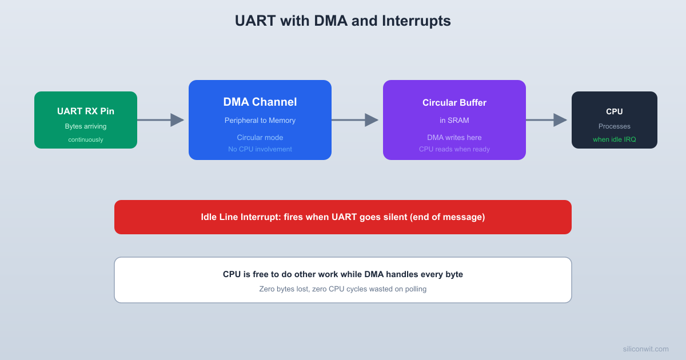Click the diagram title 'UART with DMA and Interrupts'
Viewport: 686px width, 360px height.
342,21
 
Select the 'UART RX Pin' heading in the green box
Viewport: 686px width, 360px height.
86,111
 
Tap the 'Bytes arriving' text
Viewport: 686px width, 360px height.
86,126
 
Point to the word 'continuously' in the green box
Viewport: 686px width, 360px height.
86,139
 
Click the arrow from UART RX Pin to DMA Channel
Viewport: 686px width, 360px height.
161,120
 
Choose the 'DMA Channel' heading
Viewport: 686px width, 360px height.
260,102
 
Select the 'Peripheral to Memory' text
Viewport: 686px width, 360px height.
260,121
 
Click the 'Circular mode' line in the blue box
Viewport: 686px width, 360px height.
260,137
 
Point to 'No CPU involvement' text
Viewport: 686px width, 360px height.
260,149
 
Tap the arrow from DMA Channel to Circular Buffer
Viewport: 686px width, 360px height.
355,120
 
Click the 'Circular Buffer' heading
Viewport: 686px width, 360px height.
454,103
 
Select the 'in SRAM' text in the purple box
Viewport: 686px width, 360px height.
454,121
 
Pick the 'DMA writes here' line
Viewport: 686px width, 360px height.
454,137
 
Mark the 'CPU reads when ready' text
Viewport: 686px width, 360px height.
454,149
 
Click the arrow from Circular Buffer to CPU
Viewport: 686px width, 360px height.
547,120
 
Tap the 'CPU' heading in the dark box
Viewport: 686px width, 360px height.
615,111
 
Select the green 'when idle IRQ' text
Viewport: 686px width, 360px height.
615,139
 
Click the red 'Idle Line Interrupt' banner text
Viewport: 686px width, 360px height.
342,217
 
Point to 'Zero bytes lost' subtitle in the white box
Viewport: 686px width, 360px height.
342,289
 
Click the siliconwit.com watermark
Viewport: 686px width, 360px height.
645,349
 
